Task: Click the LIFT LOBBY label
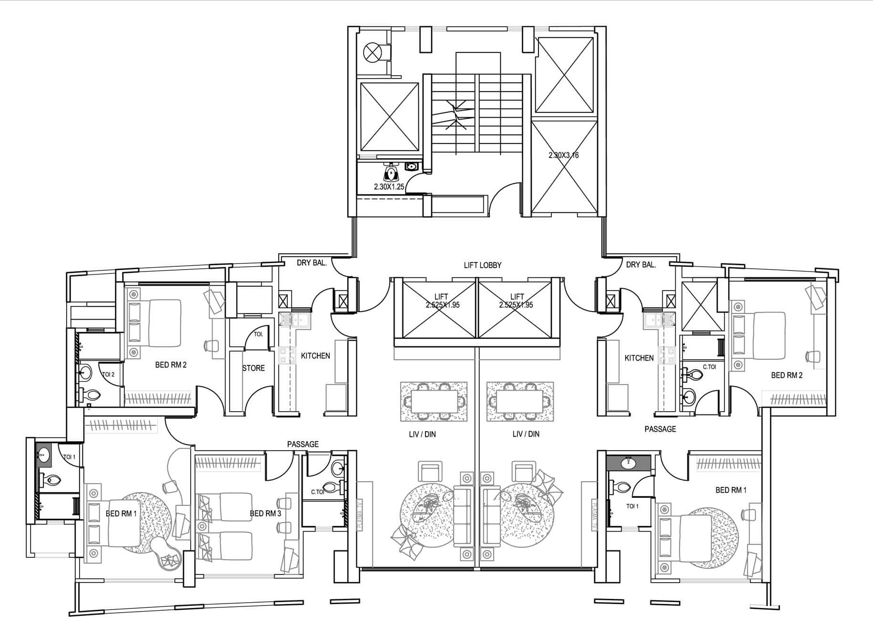[482, 265]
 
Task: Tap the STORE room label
[254, 368]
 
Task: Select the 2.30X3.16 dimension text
[563, 155]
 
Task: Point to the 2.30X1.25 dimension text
[389, 187]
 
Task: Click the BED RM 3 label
[265, 514]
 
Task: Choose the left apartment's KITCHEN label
[315, 356]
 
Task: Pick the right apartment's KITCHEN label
[639, 358]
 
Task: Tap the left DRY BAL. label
[312, 263]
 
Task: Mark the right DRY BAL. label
[641, 265]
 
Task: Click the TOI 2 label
[108, 375]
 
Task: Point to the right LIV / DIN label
[526, 434]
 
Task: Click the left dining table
[434, 402]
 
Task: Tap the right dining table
[519, 402]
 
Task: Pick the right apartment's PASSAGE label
[660, 429]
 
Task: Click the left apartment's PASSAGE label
[303, 444]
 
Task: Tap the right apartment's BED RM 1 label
[731, 490]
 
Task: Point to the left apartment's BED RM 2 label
[171, 365]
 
